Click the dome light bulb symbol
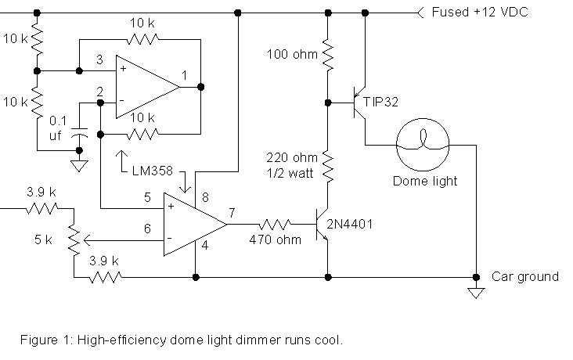423,145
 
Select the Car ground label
524,276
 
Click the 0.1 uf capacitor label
58,128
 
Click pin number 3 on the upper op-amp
99,59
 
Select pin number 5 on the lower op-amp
146,197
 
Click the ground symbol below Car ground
474,293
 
